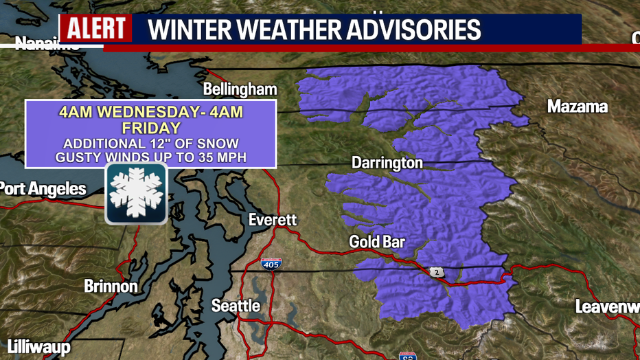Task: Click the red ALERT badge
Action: coord(95,29)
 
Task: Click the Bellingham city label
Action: coord(240,89)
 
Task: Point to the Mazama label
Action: coord(577,106)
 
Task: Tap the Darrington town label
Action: coord(387,164)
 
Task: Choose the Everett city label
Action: coord(273,220)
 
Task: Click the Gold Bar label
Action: coord(377,242)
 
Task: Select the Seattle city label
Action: coord(236,305)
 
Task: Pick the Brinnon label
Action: coord(111,286)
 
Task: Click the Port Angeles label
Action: coord(43,189)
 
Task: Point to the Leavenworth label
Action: coord(607,306)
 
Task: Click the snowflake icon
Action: coord(135,194)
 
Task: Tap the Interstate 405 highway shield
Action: coord(271,263)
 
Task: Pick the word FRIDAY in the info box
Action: coord(151,128)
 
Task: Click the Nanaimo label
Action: coord(47,45)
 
